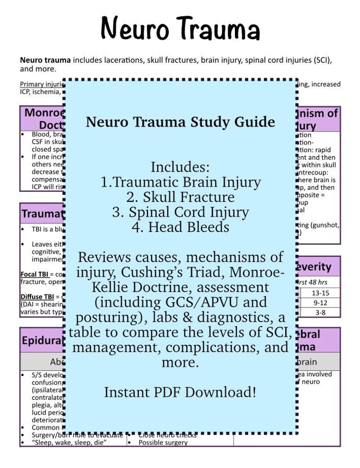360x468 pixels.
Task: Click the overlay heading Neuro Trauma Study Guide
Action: click(180, 122)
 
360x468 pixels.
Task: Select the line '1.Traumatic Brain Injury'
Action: click(180, 182)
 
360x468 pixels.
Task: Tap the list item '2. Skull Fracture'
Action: click(180, 197)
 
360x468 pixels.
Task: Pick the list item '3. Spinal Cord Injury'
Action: click(180, 212)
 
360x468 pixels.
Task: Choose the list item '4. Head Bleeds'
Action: click(180, 227)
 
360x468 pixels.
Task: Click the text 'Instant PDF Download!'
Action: click(180, 392)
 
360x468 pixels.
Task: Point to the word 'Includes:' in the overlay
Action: click(180, 167)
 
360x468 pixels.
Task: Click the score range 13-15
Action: click(320, 293)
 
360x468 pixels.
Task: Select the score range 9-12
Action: click(320, 302)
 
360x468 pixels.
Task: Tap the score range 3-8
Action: click(320, 312)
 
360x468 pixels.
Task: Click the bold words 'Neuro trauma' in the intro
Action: click(45, 60)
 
